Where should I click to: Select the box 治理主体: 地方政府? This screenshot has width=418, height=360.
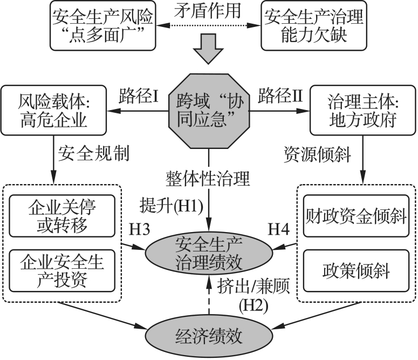pos(361,110)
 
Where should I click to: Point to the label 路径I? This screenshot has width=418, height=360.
pos(138,97)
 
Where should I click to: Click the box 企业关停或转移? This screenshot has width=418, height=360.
pos(62,215)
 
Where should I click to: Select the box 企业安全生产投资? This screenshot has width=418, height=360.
pos(62,271)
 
